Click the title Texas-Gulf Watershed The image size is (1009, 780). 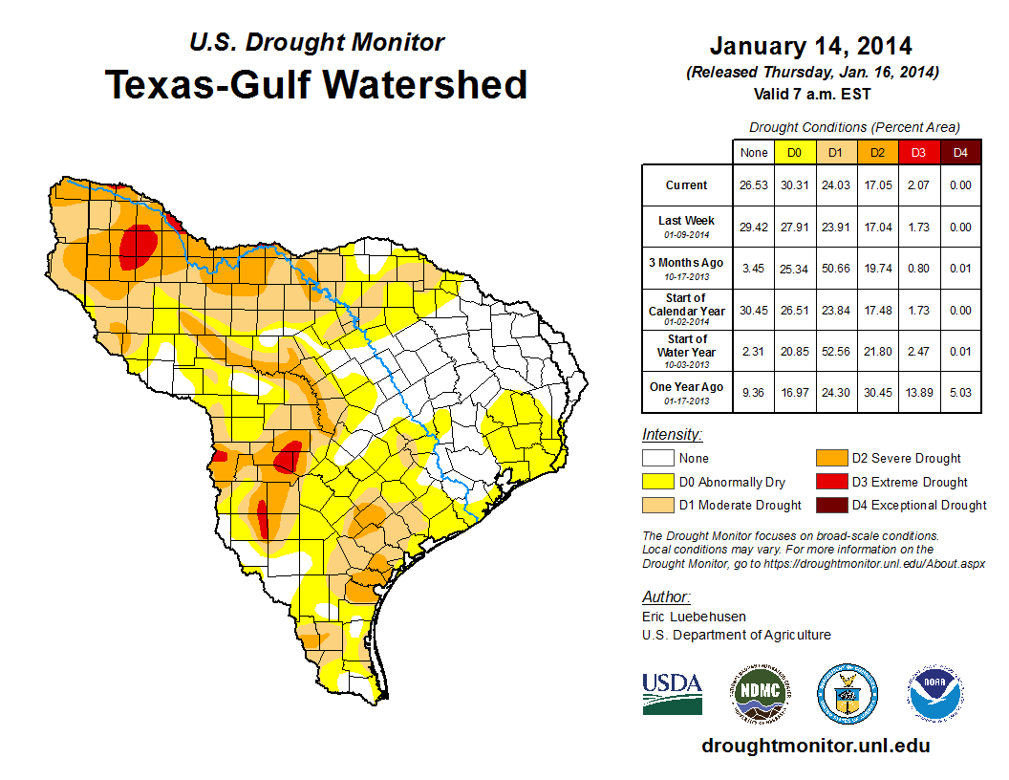click(315, 84)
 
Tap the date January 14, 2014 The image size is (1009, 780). click(810, 46)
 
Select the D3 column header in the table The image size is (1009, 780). click(917, 152)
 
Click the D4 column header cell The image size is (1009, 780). click(959, 152)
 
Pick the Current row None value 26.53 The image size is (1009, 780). click(754, 185)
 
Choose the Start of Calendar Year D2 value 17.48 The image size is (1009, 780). click(876, 310)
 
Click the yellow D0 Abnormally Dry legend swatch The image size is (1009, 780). click(657, 483)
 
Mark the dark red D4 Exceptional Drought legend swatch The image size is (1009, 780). click(830, 506)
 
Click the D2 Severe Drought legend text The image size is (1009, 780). click(906, 459)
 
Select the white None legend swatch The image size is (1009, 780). click(657, 459)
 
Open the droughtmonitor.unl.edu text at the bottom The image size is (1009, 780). click(815, 746)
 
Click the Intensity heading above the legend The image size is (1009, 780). click(672, 435)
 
